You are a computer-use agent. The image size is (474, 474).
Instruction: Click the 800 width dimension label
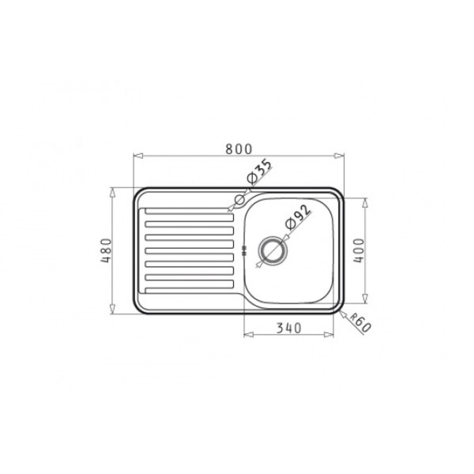point(238,149)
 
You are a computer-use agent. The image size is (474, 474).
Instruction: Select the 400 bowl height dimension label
point(359,251)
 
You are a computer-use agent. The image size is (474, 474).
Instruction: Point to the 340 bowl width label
point(289,328)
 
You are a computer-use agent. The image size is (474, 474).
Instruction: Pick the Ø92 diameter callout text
point(298,218)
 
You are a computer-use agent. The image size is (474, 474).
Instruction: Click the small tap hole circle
point(239,200)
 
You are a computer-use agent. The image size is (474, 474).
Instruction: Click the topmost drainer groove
point(189,210)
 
